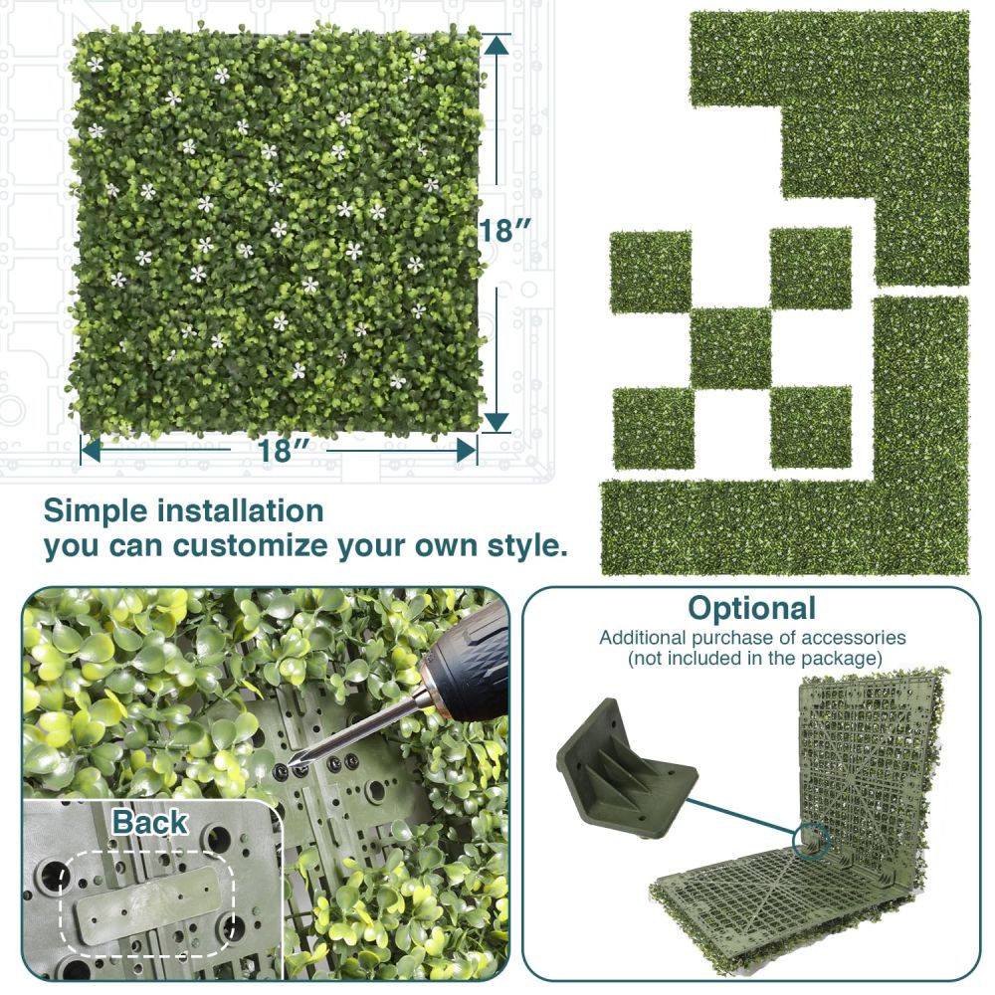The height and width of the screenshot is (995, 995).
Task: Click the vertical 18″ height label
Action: pos(504,231)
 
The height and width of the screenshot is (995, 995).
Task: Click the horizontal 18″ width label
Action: pos(283,450)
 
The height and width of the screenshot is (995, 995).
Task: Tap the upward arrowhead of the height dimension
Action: pos(497,44)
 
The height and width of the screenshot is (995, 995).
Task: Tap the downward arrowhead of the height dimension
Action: pos(497,421)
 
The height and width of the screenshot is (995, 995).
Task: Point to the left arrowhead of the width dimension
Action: pos(91,451)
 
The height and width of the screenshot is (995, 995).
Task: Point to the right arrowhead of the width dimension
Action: pos(466,451)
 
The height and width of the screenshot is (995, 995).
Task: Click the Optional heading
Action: pos(752,609)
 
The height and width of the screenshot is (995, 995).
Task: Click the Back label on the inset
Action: pos(150,823)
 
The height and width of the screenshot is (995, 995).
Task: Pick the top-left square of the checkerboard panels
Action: pos(651,273)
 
